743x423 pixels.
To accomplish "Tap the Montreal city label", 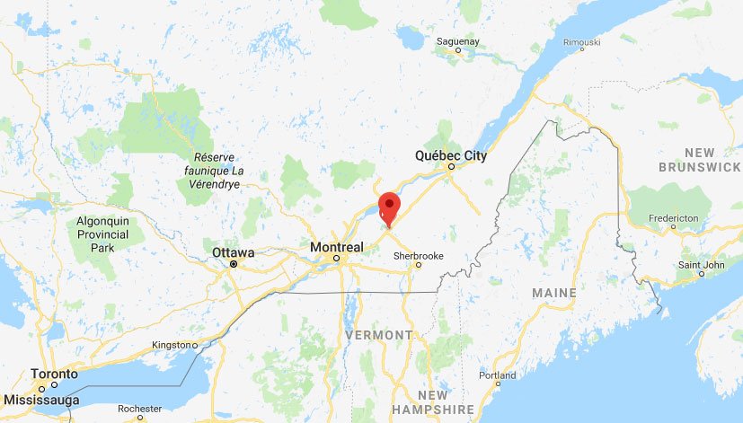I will [x=336, y=247].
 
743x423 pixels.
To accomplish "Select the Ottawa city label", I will [x=233, y=253].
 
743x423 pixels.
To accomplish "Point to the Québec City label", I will [x=450, y=156].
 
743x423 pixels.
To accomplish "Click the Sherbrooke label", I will [x=419, y=255].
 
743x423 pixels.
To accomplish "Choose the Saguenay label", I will [x=458, y=40].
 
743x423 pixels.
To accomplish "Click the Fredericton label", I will [x=674, y=218].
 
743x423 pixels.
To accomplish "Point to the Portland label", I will [x=498, y=375].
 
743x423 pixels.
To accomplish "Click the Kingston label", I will [x=172, y=345].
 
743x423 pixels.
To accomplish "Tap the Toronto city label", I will [x=54, y=374].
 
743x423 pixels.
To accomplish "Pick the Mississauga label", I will [x=41, y=400].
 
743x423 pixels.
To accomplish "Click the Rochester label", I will [x=138, y=407].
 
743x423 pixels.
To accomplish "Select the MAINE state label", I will [x=553, y=293].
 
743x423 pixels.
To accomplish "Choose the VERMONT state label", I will [x=378, y=335].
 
